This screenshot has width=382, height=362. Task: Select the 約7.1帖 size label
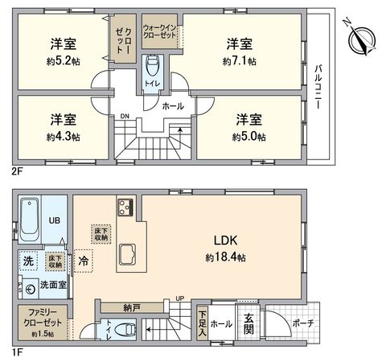[x=240, y=61]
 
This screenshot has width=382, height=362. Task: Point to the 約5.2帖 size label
[x=64, y=61]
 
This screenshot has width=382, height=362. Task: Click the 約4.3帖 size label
[x=64, y=137]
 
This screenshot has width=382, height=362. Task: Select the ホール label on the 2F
[x=173, y=105]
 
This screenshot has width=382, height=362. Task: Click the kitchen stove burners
[x=125, y=208]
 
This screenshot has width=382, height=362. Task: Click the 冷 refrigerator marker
[x=83, y=261]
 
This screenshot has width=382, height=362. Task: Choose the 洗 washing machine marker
[x=27, y=261]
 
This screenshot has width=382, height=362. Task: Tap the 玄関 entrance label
[x=249, y=324]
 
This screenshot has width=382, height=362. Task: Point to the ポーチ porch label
[x=304, y=324]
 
